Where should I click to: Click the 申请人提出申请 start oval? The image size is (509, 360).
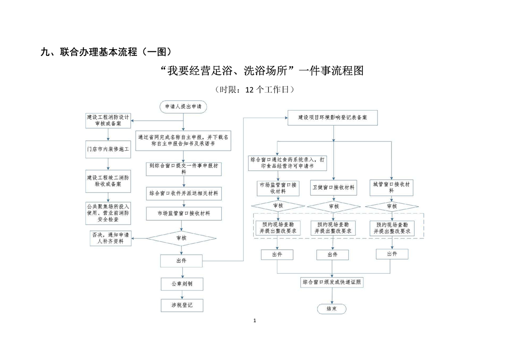click(x=183, y=106)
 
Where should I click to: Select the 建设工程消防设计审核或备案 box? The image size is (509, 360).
click(x=108, y=120)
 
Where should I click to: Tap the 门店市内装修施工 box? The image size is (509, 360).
click(x=108, y=148)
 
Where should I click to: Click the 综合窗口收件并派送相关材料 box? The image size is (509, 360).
click(x=183, y=193)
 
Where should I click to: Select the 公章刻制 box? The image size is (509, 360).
click(x=181, y=284)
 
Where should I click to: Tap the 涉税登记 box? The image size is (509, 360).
click(x=181, y=306)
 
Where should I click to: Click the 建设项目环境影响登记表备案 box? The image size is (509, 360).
click(x=333, y=117)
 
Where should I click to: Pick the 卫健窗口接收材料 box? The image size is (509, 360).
click(x=333, y=187)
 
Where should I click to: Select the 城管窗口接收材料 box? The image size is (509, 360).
click(x=391, y=187)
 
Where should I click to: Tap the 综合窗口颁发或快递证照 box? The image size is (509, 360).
click(x=333, y=282)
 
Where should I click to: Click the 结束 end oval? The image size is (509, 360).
click(x=332, y=309)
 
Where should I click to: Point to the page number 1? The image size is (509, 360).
click(x=254, y=321)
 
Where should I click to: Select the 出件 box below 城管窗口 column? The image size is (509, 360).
click(x=392, y=254)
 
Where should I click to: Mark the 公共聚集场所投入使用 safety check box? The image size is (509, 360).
click(x=108, y=212)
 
